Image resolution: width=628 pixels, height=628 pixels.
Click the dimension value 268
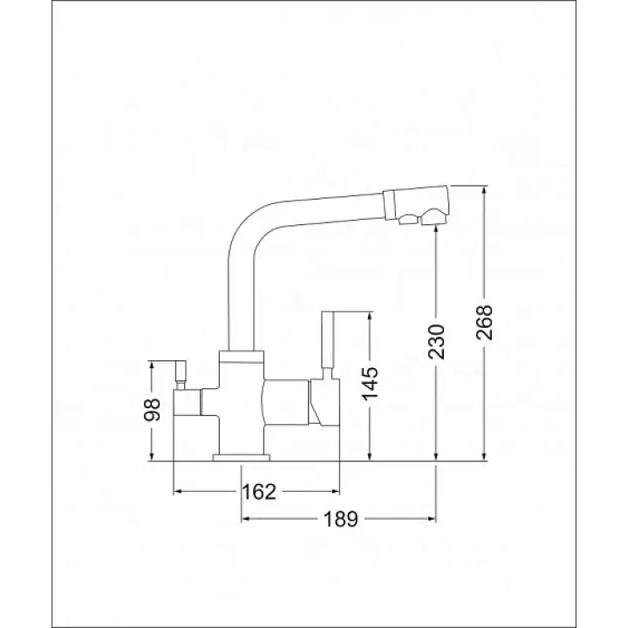coord(484,323)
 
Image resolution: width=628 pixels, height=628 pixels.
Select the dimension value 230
coord(437,342)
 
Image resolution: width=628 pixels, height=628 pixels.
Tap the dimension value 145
coord(370,383)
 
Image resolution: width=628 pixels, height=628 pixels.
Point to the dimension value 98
coord(152,409)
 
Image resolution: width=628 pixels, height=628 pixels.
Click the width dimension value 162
coord(259,491)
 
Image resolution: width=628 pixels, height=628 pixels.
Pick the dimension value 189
coord(340,519)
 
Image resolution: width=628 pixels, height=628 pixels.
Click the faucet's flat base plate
coord(242,457)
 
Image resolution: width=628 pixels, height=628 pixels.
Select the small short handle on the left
coord(181,375)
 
